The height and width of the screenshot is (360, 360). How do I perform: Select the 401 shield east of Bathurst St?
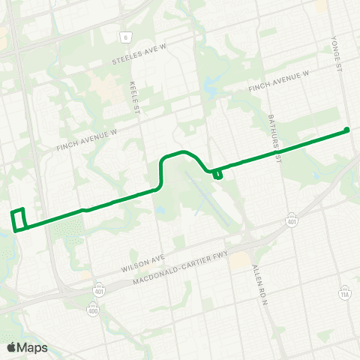click(x=293, y=219)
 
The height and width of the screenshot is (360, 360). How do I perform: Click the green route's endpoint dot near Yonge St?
click(x=346, y=130)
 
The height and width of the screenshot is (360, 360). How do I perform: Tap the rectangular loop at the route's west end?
click(x=19, y=220)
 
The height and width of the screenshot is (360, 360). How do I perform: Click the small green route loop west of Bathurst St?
click(x=217, y=175)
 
